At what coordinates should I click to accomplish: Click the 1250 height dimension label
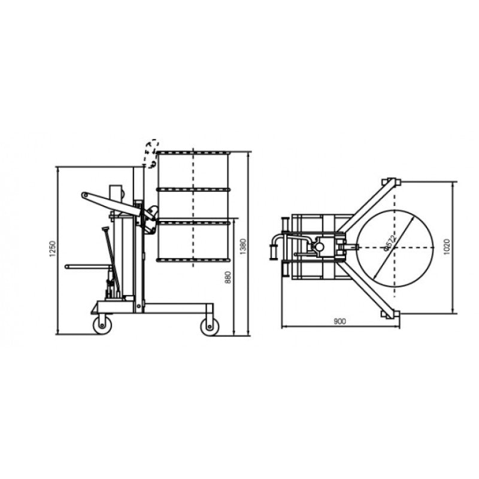52,250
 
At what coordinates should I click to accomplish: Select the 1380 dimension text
242,245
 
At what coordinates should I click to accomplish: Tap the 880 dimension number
228,277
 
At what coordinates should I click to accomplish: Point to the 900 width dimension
339,322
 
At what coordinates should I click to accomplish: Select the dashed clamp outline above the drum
153,151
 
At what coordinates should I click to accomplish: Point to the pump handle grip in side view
105,230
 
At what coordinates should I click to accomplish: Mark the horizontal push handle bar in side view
84,266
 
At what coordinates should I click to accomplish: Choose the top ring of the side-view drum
193,153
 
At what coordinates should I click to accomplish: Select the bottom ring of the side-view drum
193,260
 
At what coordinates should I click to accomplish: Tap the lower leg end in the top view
390,314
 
